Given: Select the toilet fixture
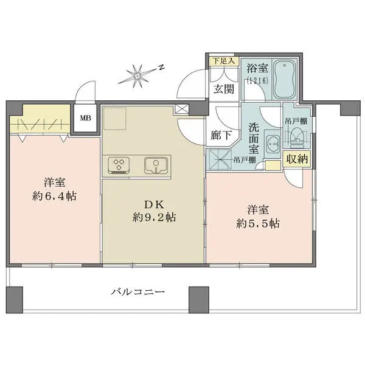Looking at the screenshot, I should (x=298, y=138).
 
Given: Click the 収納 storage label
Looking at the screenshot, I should (x=297, y=159).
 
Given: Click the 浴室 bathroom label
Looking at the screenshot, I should (x=255, y=69).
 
